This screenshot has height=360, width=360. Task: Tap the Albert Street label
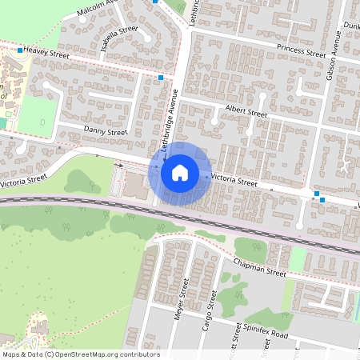pos(246,113)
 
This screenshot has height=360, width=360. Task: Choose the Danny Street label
pos(106,132)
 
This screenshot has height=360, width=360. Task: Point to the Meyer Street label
pos(180,298)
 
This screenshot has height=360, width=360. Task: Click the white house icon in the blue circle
pos(180,173)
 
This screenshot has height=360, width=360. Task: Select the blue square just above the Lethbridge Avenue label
pos(161,78)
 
